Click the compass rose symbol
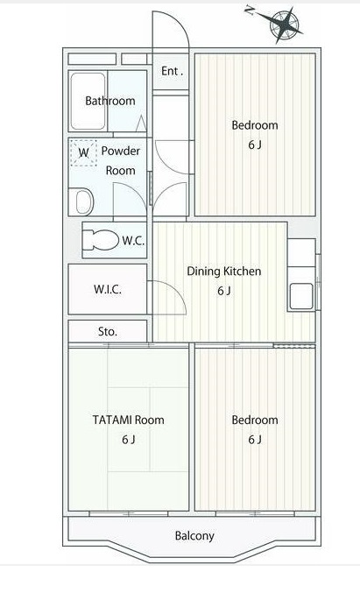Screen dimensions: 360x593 [x=286, y=25]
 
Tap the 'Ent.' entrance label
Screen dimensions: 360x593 [x=172, y=71]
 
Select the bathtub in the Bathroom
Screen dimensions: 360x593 [x=88, y=101]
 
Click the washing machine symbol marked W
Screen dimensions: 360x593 [x=84, y=152]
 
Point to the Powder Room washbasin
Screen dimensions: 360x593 [x=85, y=202]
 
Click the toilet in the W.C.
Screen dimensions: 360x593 [x=100, y=241]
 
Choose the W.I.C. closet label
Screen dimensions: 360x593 [x=108, y=289]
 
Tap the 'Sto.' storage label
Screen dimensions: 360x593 [x=108, y=332]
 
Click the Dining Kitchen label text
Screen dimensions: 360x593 [x=224, y=272]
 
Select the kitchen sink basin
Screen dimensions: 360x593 [x=301, y=296]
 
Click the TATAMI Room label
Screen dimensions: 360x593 [x=128, y=420]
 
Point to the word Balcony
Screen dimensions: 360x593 [x=194, y=536]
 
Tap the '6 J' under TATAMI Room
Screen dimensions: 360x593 [x=128, y=440]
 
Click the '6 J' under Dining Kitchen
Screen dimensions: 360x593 [x=224, y=291]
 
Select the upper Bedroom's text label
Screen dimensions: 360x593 [x=255, y=125]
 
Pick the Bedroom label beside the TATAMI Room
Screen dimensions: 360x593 [x=255, y=420]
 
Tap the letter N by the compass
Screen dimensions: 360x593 [x=249, y=11]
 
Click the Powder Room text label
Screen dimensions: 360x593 [x=120, y=160]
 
